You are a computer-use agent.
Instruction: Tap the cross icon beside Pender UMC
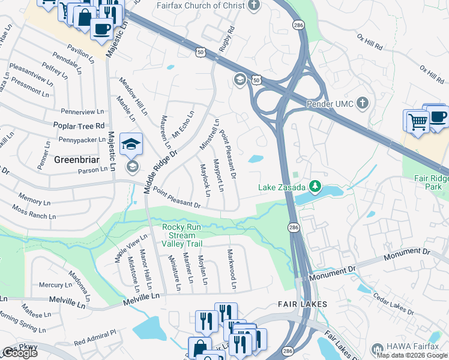(361, 103)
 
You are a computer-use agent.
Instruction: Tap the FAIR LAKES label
(303, 304)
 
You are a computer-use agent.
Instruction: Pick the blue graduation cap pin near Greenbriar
(131, 145)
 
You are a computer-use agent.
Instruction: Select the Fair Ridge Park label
(432, 182)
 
